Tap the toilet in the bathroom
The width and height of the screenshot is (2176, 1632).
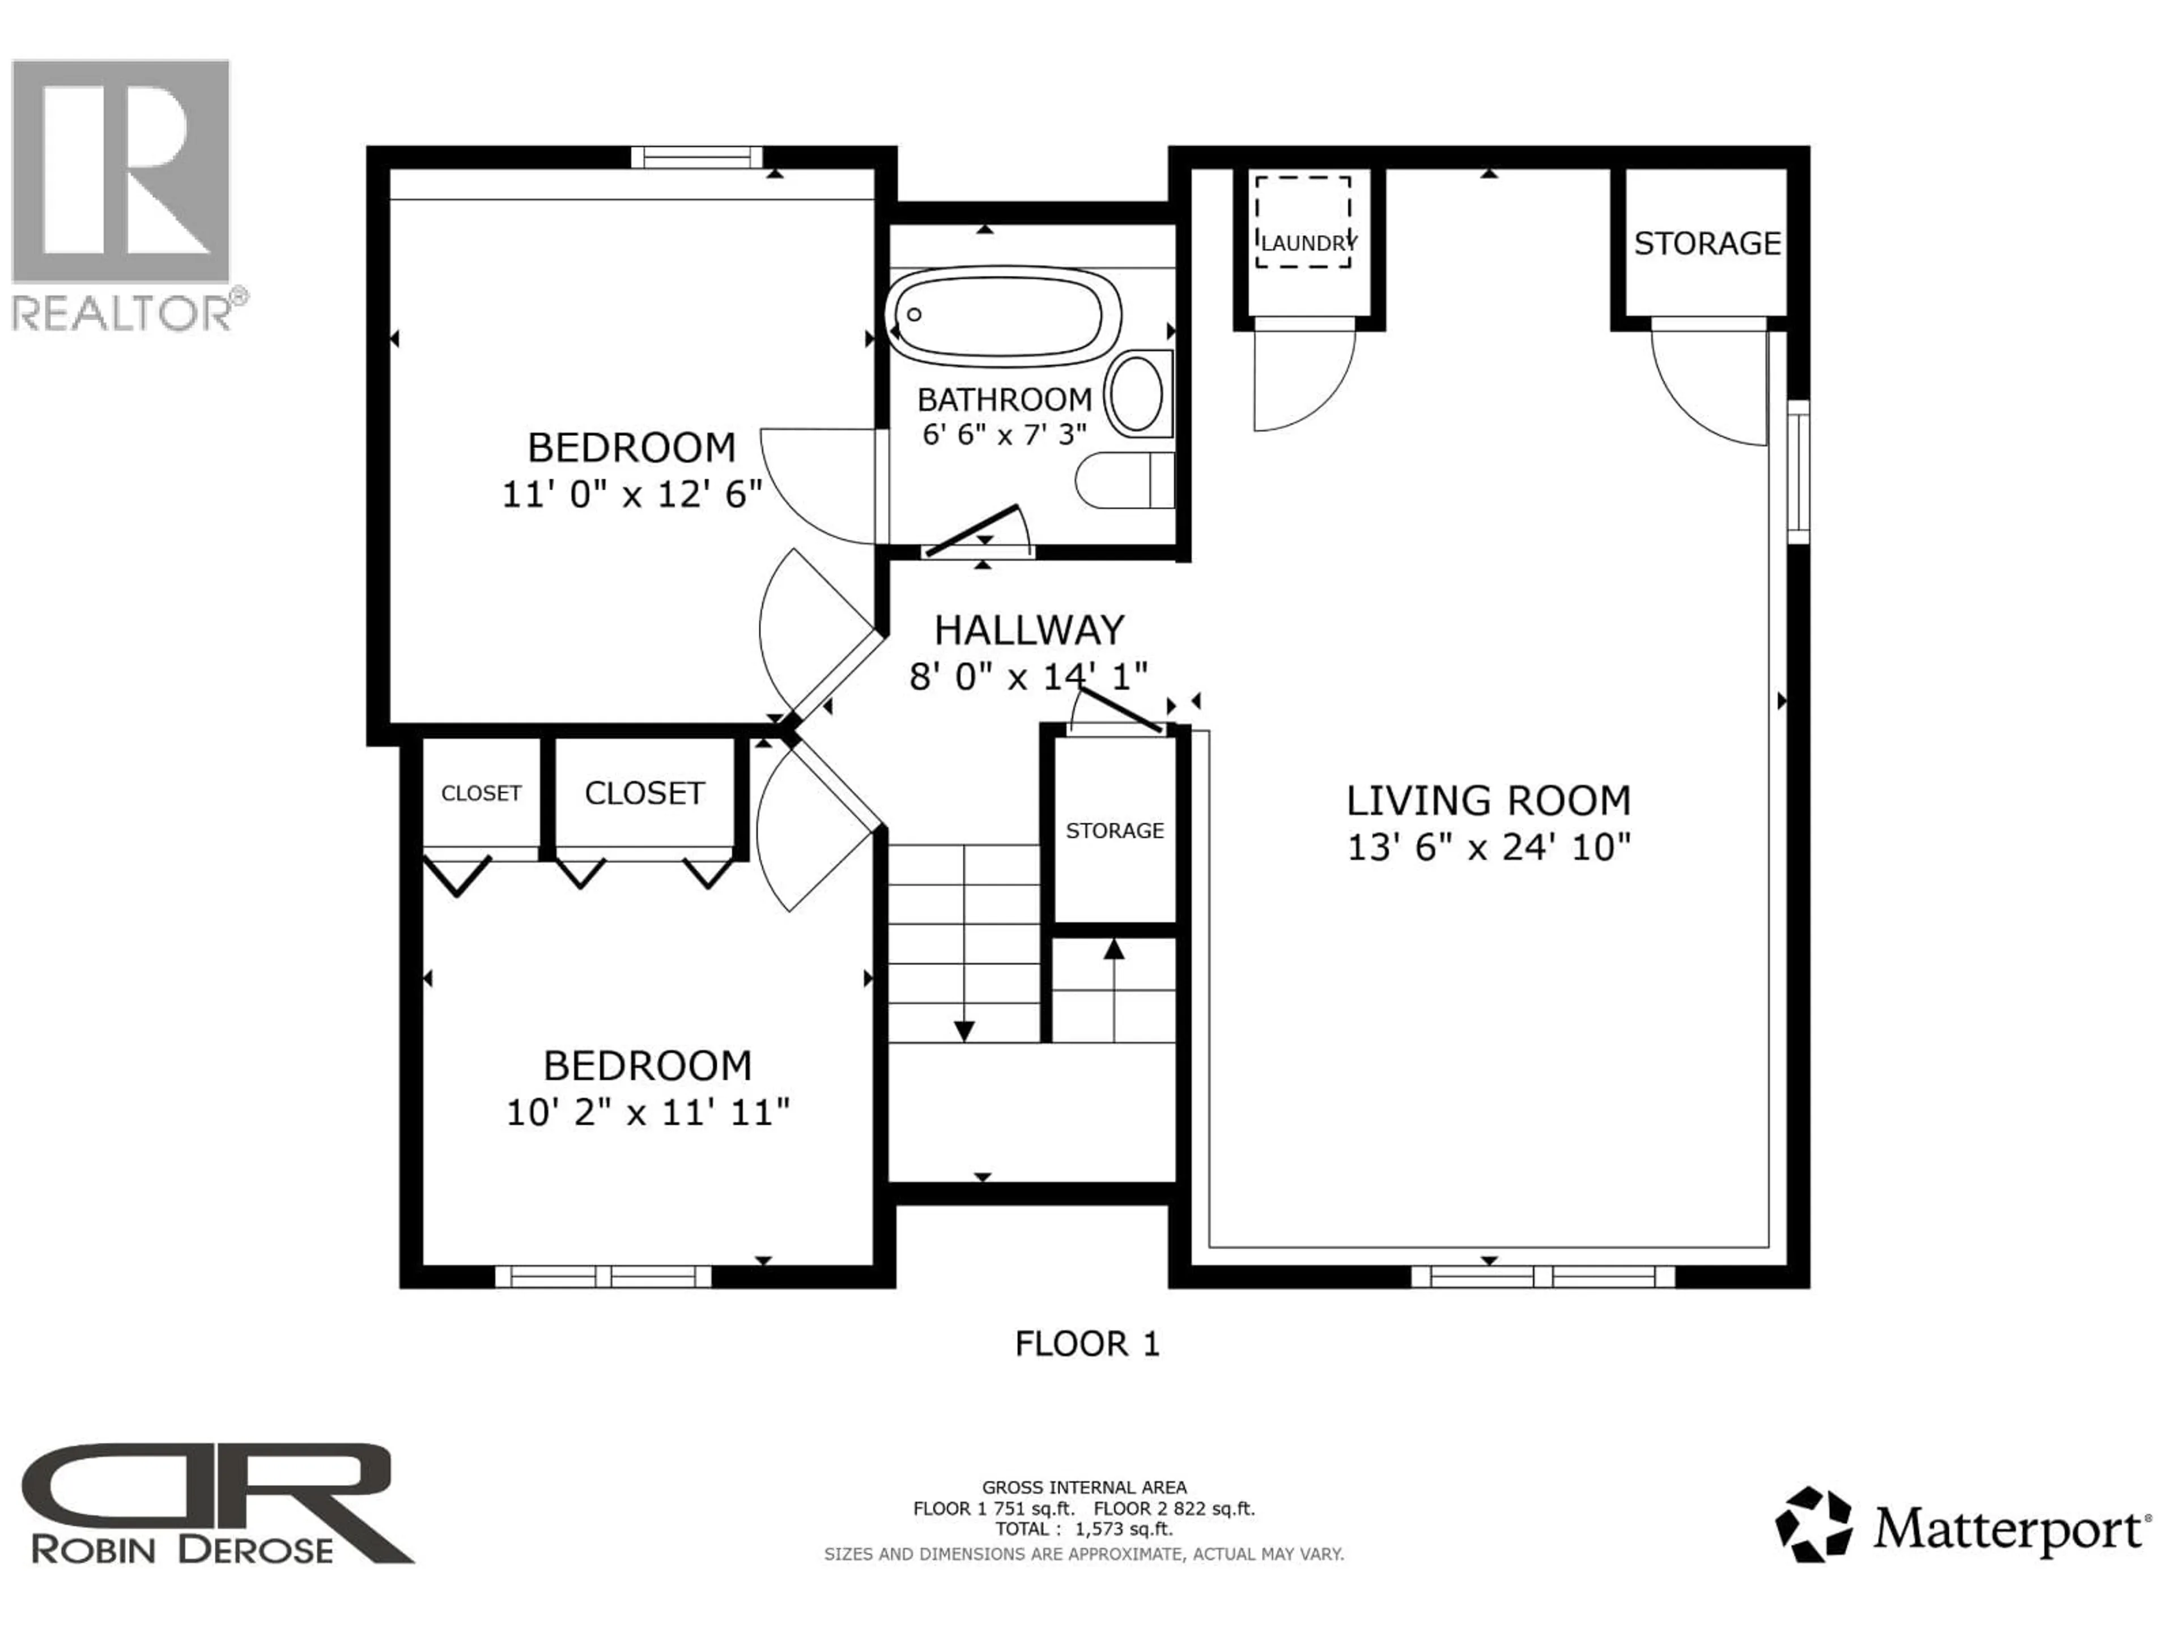point(1121,480)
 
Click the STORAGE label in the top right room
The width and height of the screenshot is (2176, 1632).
point(1707,243)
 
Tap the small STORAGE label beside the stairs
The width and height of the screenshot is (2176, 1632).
point(1115,830)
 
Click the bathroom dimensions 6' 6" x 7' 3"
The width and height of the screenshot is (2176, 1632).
point(1004,434)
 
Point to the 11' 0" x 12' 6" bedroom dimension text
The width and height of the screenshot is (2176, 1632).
point(632,494)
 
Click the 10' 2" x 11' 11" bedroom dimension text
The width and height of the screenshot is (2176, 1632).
point(647,1112)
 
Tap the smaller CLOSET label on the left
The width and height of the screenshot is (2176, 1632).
point(481,793)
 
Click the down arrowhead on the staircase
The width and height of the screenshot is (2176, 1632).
point(964,1030)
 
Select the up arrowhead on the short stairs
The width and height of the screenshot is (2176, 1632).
point(1113,948)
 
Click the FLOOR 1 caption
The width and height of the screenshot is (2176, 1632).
point(1087,1344)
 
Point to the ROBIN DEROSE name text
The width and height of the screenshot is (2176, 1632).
point(182,1550)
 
